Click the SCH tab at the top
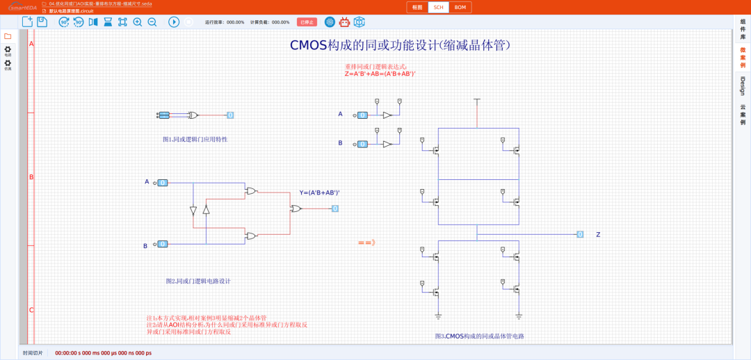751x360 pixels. (438, 8)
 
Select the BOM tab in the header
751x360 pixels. (460, 8)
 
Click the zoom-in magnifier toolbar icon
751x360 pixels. (137, 22)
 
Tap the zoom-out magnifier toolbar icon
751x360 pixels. (152, 22)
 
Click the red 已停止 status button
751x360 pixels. (307, 22)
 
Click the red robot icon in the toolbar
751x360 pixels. (344, 22)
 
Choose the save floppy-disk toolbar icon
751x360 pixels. (42, 22)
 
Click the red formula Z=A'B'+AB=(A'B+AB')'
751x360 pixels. (380, 74)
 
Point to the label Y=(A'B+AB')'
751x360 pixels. (319, 193)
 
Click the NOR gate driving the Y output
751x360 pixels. (296, 208)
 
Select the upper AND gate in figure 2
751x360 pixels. (251, 190)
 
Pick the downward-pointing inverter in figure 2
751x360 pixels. (193, 211)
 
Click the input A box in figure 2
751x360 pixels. (162, 183)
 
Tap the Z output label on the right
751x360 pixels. (598, 235)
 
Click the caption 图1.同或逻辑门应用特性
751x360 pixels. (195, 139)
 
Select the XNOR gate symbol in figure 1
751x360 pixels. (193, 115)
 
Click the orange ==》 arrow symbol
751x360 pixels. (366, 243)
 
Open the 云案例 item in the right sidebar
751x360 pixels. (743, 115)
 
